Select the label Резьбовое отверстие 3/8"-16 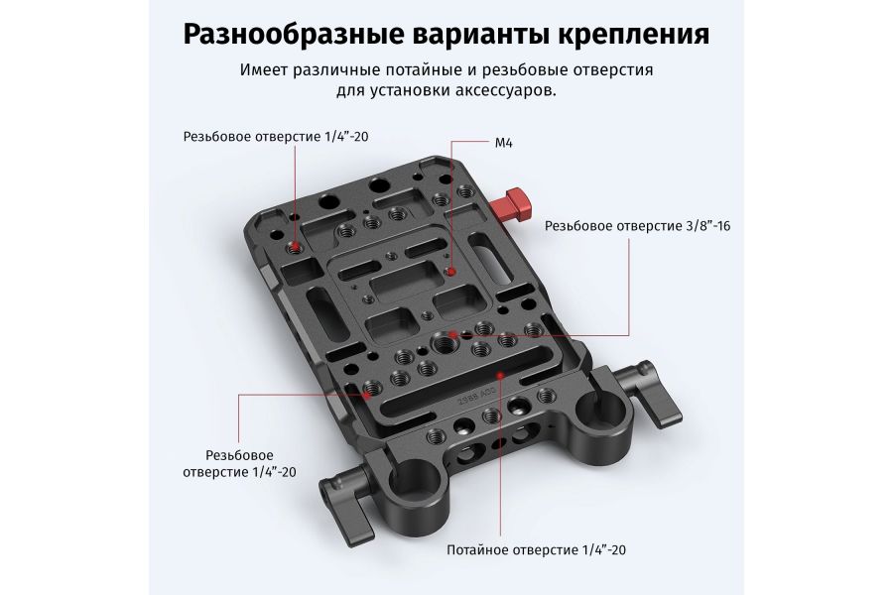637,226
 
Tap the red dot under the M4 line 451,270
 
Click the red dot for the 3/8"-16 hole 452,335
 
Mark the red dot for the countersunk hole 503,376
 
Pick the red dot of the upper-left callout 296,244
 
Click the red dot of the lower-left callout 367,392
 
